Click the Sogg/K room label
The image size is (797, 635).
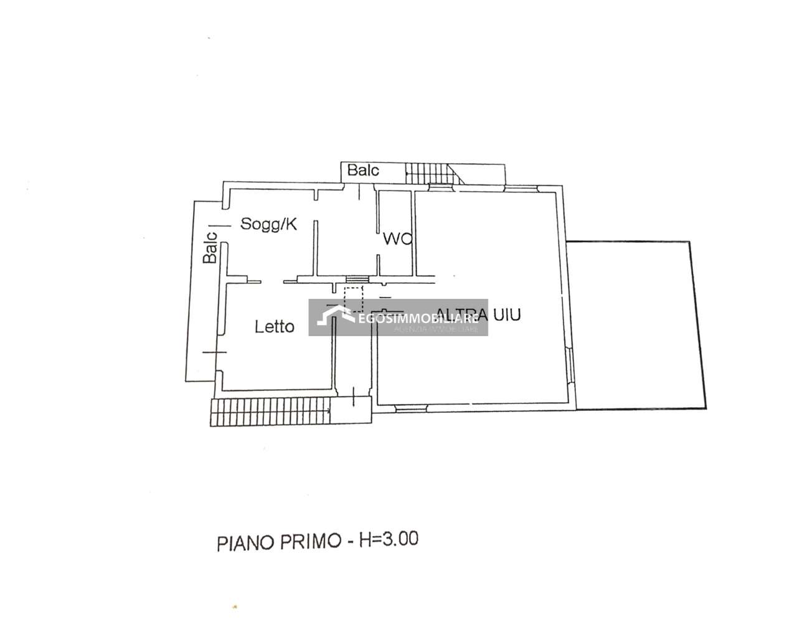point(268,224)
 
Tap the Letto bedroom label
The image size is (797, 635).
point(274,326)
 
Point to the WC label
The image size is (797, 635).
point(397,238)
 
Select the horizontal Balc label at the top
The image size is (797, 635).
point(363,171)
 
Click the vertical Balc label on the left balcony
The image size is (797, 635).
point(211,247)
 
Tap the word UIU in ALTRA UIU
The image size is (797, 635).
point(505,314)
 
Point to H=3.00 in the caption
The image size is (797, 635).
point(388,539)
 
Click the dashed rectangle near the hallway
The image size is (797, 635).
point(354,299)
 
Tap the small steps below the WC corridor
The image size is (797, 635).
point(357,280)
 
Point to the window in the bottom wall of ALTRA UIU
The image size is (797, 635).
point(411,408)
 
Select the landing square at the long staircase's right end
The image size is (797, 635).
point(351,411)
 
